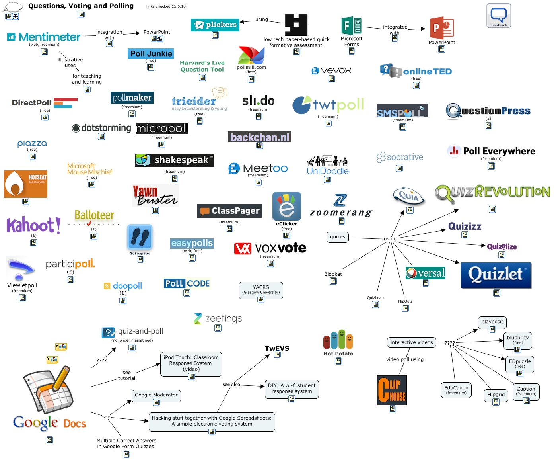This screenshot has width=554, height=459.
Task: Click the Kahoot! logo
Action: point(34,225)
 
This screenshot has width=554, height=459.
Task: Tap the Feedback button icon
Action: point(498,16)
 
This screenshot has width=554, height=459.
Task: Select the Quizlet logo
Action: point(496,275)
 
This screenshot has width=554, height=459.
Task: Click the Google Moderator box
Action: point(156,395)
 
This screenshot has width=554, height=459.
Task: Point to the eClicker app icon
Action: point(286,206)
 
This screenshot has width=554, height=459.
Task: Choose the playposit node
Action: point(492,322)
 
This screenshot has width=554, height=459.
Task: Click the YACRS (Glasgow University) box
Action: point(261,290)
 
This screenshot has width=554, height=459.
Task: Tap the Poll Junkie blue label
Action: point(151,53)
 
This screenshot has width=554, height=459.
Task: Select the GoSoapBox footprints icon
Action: point(140,237)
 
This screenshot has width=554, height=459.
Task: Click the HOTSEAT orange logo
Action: point(25,184)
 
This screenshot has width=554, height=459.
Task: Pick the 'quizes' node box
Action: point(337,237)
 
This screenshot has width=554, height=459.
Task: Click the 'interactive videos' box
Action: point(411,342)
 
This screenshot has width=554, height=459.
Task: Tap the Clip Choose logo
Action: point(392,390)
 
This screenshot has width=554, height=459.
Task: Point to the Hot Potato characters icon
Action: point(338,340)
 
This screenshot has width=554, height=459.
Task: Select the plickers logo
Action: point(215,25)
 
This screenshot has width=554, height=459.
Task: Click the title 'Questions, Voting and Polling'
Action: point(81,6)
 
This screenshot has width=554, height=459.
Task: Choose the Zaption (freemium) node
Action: point(526,391)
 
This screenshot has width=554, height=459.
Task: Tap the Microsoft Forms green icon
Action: point(352,26)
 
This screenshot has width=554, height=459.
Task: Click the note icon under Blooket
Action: point(333,281)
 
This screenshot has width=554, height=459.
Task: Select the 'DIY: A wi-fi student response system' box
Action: point(292,388)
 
